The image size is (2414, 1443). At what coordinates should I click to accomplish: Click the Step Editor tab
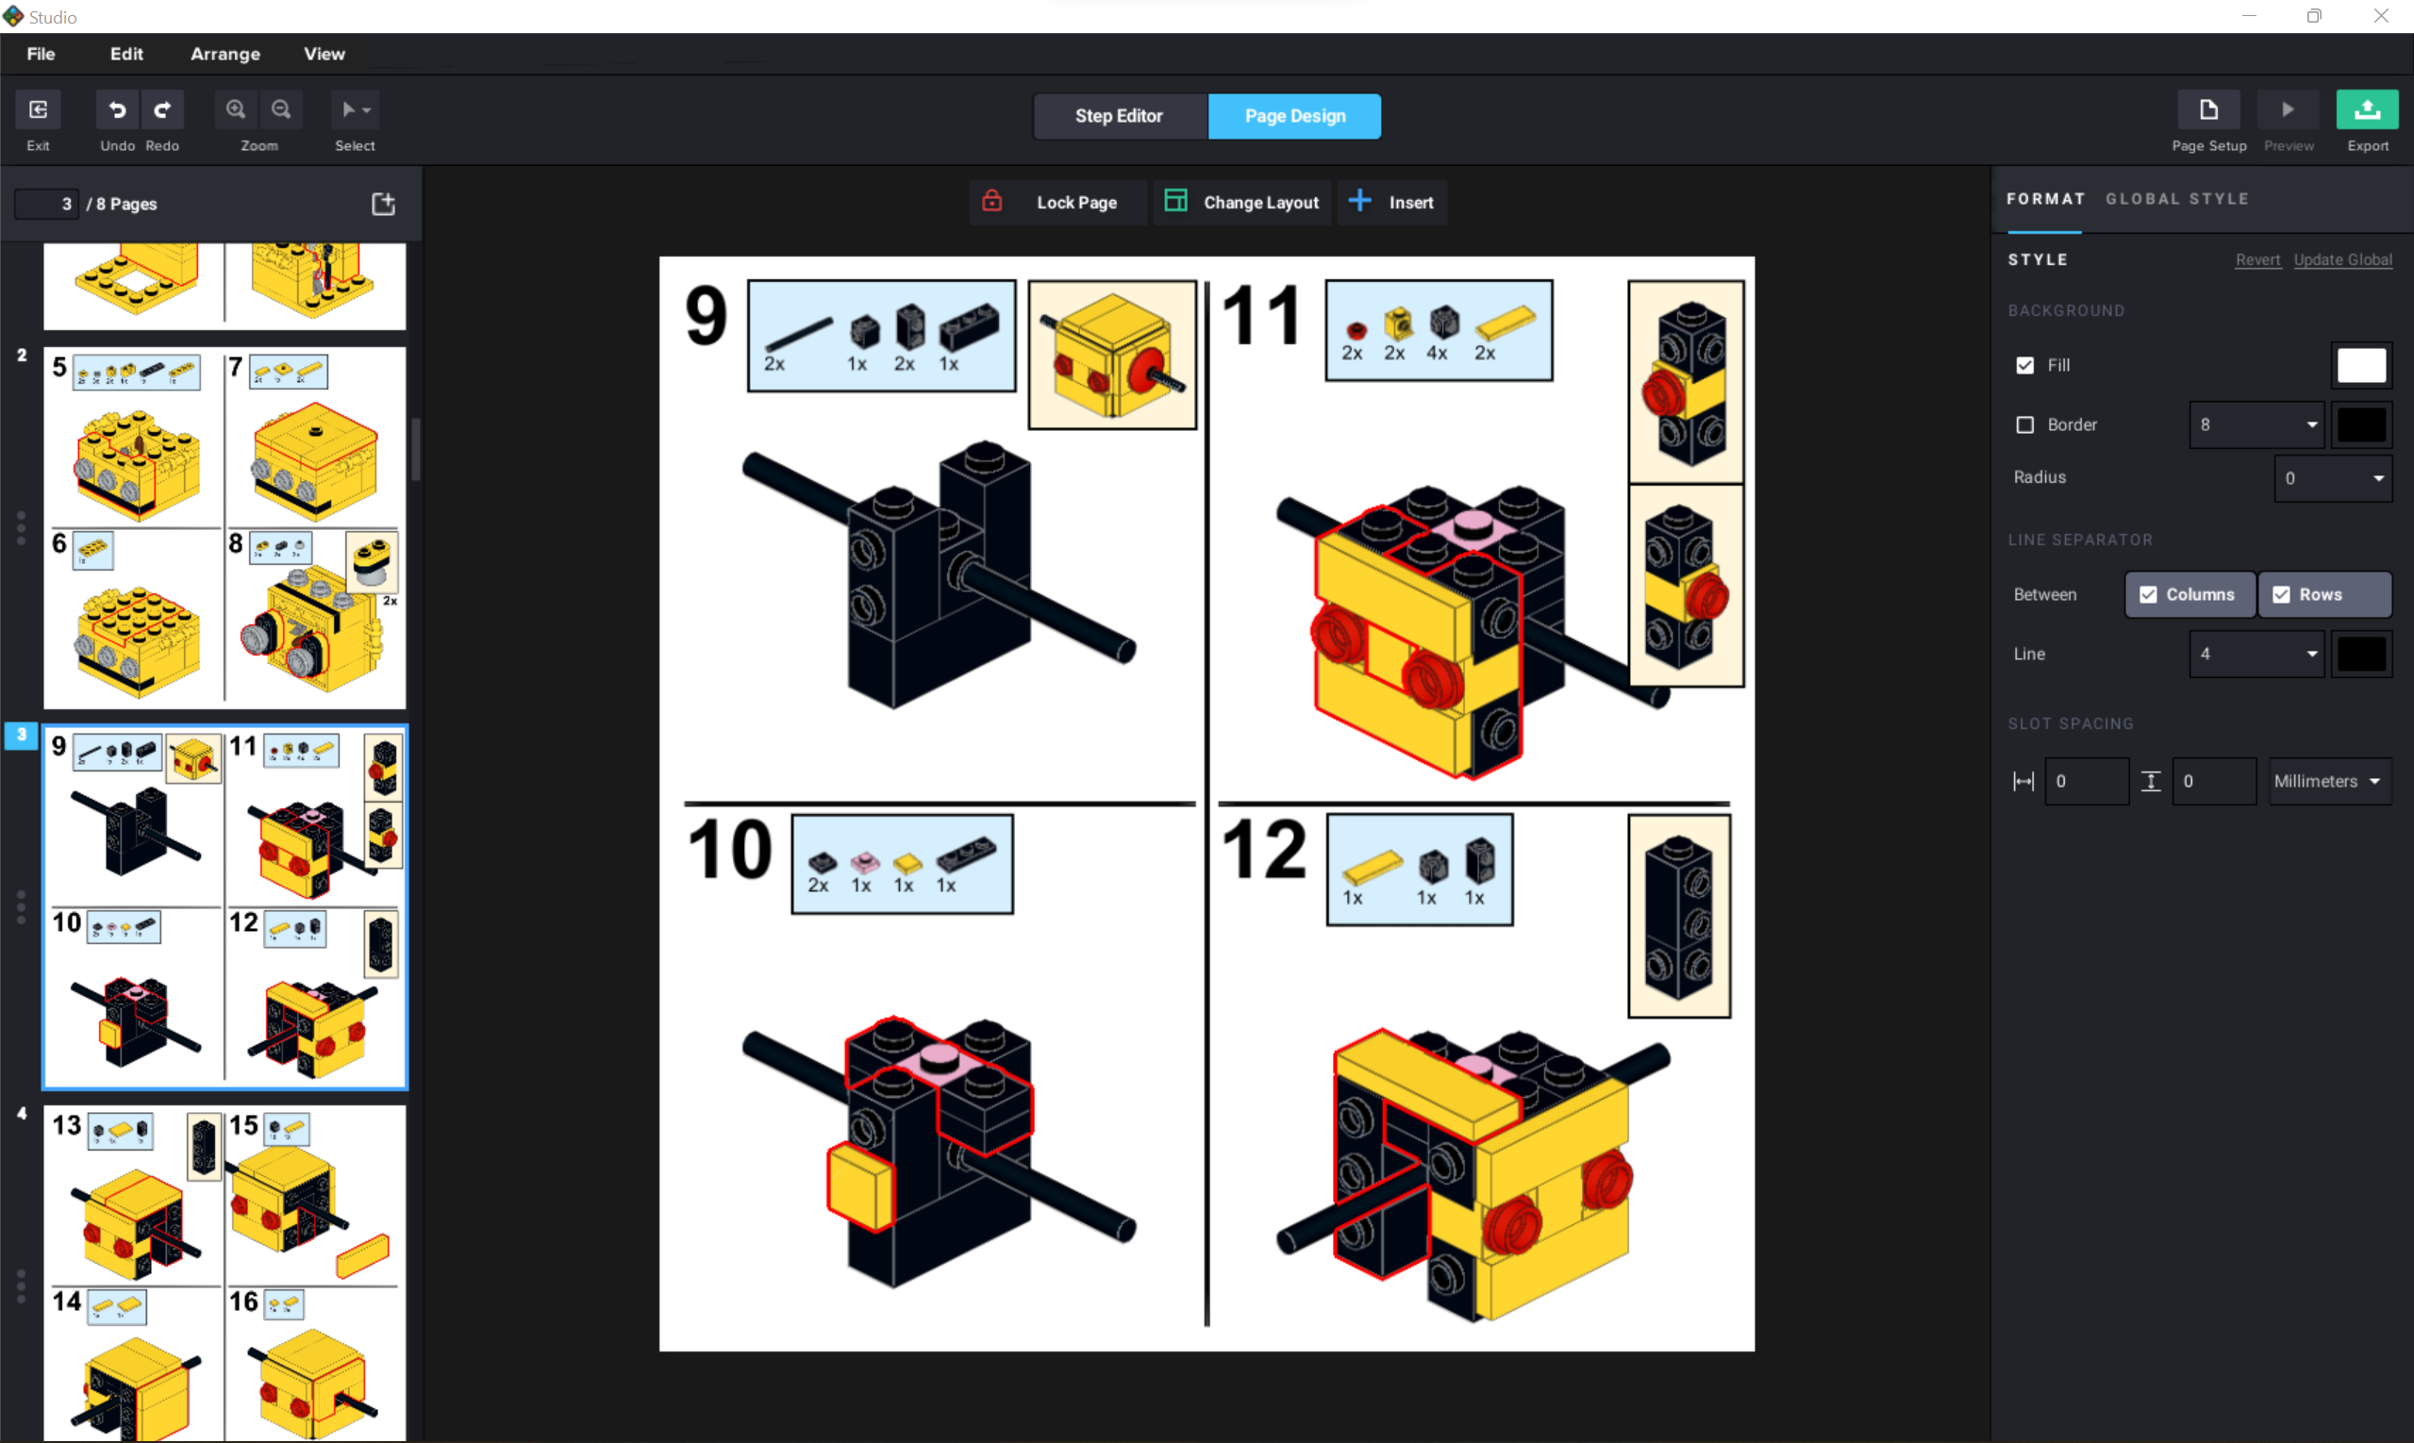tap(1119, 116)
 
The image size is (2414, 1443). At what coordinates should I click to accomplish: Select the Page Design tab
tap(1294, 116)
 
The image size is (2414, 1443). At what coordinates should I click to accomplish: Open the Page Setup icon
tap(2207, 110)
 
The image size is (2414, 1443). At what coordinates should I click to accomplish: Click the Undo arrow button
tap(117, 110)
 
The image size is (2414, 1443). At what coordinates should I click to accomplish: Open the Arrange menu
tap(225, 54)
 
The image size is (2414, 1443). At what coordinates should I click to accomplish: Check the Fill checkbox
tap(2025, 366)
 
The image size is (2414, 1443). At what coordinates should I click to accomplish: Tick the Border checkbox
tap(2025, 425)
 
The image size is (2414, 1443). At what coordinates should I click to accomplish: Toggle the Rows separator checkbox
tap(2281, 594)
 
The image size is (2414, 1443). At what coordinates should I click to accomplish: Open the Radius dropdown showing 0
tap(2332, 478)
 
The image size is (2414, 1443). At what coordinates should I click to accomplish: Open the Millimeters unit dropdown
tap(2327, 781)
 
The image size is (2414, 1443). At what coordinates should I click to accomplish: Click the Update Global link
tap(2342, 259)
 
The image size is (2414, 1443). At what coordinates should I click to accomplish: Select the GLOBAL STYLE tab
tap(2176, 198)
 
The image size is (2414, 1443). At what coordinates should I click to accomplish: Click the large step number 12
tap(1263, 850)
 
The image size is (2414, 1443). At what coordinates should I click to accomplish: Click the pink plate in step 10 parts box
tap(864, 862)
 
